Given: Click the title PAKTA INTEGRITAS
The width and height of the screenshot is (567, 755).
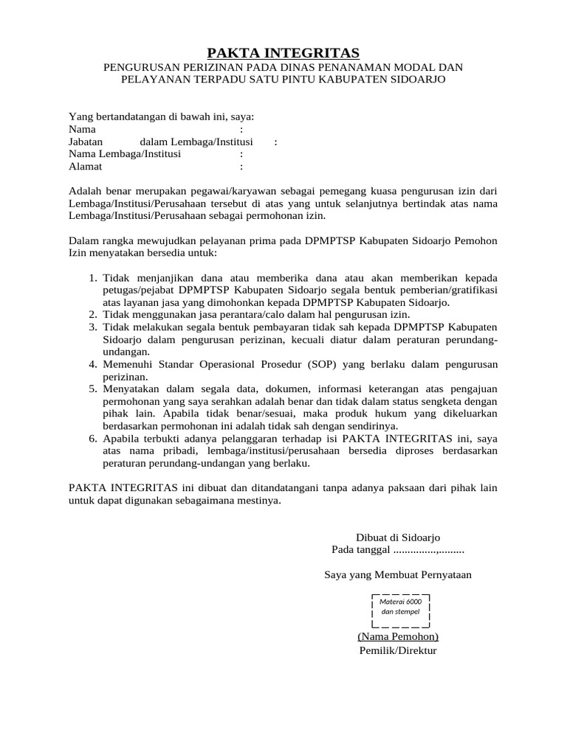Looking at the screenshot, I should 283,52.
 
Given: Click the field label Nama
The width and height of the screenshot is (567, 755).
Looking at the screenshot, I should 82,129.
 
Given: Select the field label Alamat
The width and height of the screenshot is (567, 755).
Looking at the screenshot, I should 86,167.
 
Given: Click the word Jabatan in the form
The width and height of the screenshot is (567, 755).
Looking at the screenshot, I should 86,142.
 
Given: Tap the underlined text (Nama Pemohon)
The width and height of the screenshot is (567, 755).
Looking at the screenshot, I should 398,636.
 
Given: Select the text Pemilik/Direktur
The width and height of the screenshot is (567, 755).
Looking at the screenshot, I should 398,651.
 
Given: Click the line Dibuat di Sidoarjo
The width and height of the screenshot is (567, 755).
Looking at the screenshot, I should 398,537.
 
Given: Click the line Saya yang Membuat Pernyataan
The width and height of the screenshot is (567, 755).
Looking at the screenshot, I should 398,574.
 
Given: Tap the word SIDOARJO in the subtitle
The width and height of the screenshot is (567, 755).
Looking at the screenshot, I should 414,79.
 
